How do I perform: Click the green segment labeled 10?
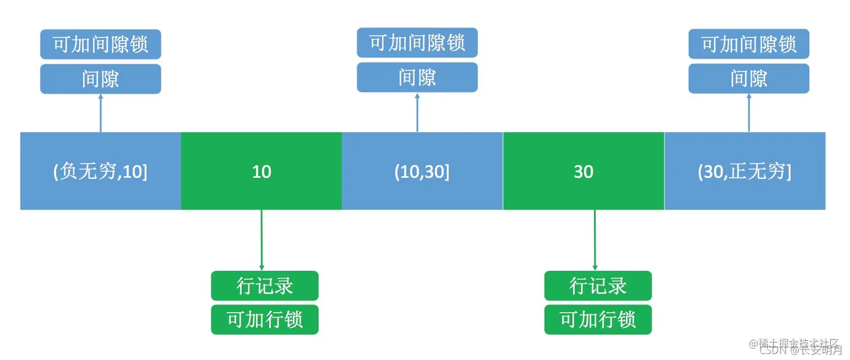(x=261, y=171)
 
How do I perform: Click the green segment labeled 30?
(x=584, y=171)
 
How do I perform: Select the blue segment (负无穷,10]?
(x=101, y=171)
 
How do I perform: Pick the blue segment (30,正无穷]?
(x=745, y=171)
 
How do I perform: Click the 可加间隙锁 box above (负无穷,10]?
(x=101, y=44)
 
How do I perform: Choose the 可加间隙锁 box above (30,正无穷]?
(x=749, y=44)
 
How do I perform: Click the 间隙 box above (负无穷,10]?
(x=101, y=79)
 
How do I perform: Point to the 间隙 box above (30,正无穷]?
(x=749, y=78)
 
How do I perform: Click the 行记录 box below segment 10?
(x=265, y=286)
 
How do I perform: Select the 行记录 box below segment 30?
(x=598, y=286)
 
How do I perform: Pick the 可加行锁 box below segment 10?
(x=265, y=319)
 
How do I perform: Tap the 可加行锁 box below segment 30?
(x=598, y=319)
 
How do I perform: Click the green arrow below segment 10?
(x=261, y=240)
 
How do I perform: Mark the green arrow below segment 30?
(x=595, y=240)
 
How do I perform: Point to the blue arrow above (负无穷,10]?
(x=101, y=113)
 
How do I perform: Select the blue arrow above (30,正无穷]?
(x=749, y=112)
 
